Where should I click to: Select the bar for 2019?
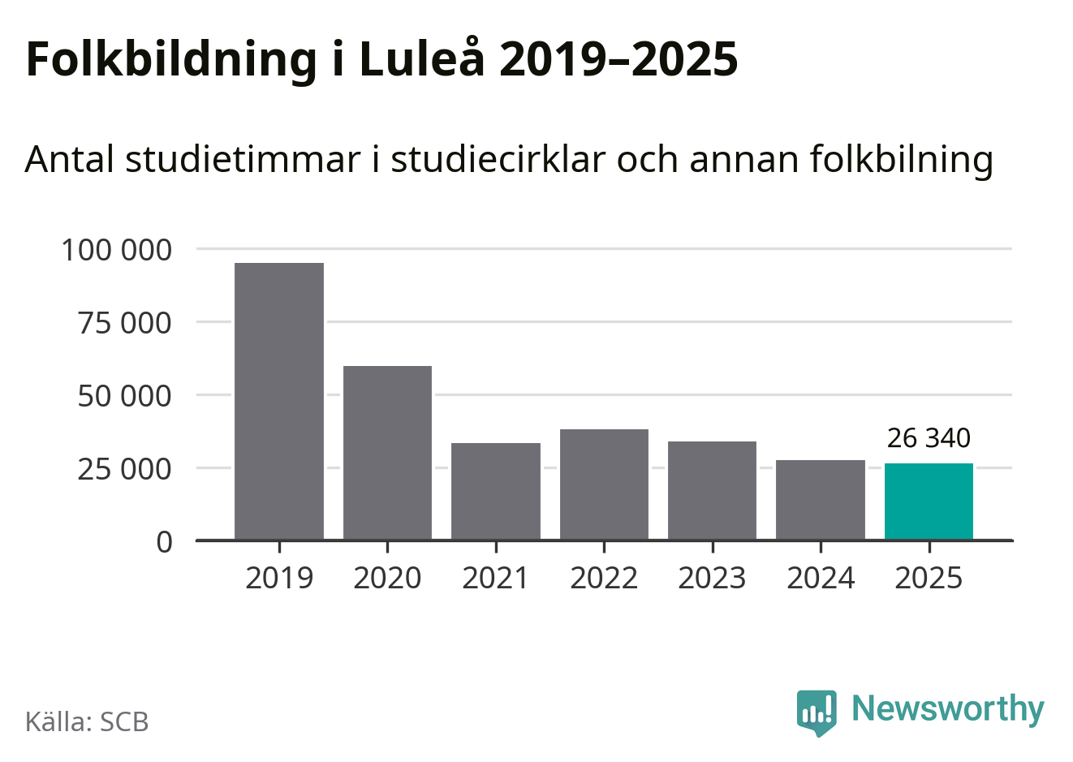click(x=279, y=401)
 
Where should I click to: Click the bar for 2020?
click(x=387, y=453)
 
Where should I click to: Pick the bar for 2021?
click(x=496, y=491)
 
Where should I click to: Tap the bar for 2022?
click(x=604, y=484)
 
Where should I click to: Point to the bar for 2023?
click(x=712, y=490)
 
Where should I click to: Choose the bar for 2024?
click(x=821, y=500)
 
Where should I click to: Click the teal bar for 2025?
click(x=929, y=502)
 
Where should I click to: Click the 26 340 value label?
click(x=929, y=438)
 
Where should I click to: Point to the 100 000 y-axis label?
click(x=117, y=250)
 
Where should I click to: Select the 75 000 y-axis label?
click(x=124, y=323)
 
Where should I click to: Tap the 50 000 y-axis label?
click(x=124, y=396)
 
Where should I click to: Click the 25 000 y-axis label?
click(x=124, y=469)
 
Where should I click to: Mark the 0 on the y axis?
click(x=165, y=541)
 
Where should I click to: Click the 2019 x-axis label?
click(x=279, y=578)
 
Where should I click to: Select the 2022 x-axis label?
click(x=604, y=578)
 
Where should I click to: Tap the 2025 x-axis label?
click(x=929, y=578)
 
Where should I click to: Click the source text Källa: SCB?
click(x=87, y=721)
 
